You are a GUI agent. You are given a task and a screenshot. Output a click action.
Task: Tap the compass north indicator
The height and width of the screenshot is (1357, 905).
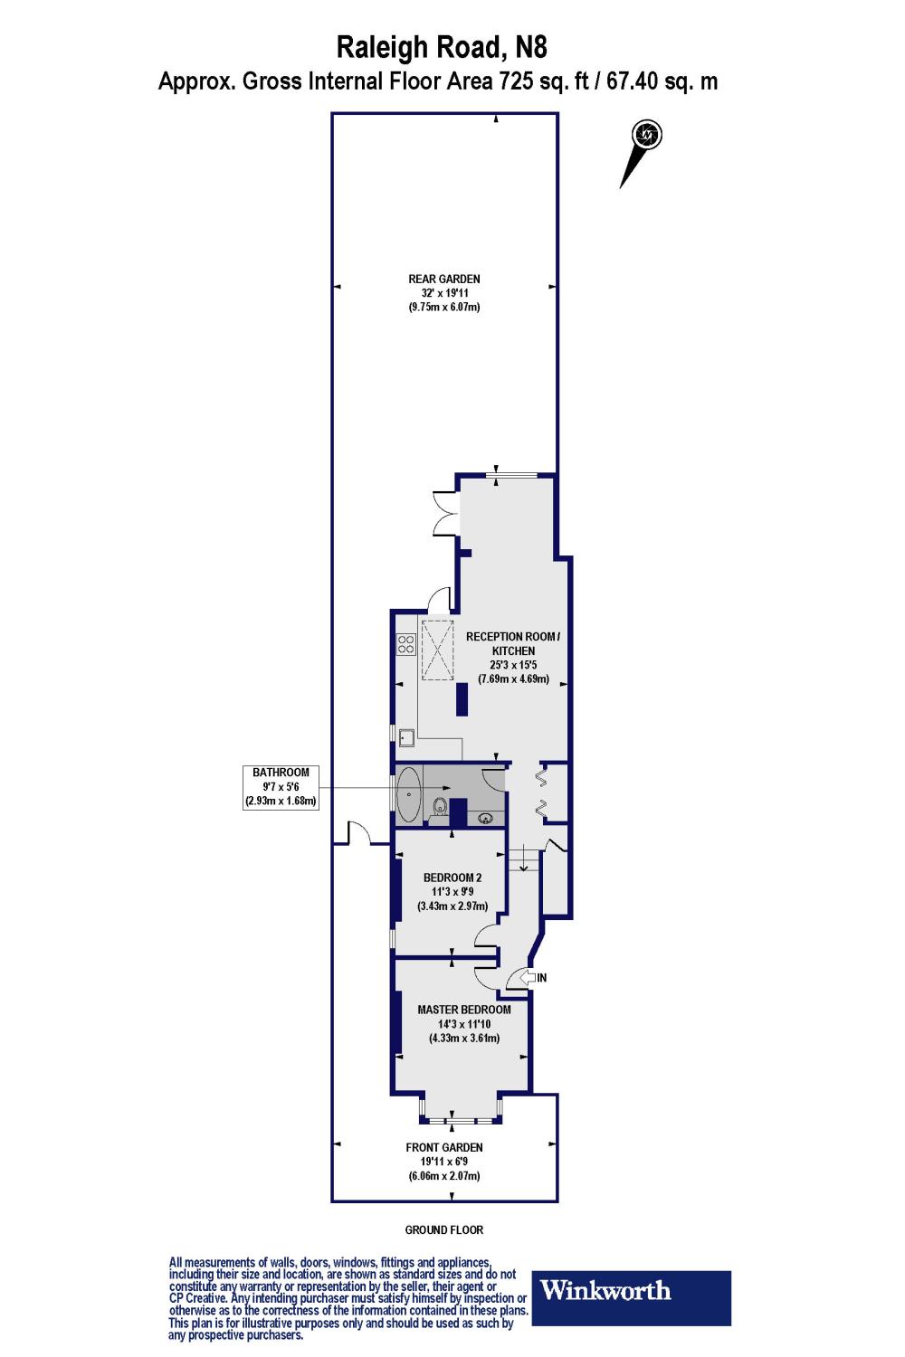click(x=647, y=135)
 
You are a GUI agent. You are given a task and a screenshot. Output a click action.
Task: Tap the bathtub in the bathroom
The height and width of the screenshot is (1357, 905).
click(x=409, y=795)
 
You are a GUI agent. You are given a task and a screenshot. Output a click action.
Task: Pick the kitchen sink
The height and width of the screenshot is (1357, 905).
click(x=406, y=737)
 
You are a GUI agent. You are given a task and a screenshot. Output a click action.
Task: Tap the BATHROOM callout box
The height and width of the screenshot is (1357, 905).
click(x=281, y=787)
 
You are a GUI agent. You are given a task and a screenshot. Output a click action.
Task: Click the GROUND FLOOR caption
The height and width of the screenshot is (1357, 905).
click(x=443, y=1229)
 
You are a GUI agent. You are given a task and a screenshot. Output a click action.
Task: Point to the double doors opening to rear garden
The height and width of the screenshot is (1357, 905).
click(x=445, y=514)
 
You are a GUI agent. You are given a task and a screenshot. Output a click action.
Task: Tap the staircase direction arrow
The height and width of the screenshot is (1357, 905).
click(x=523, y=861)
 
